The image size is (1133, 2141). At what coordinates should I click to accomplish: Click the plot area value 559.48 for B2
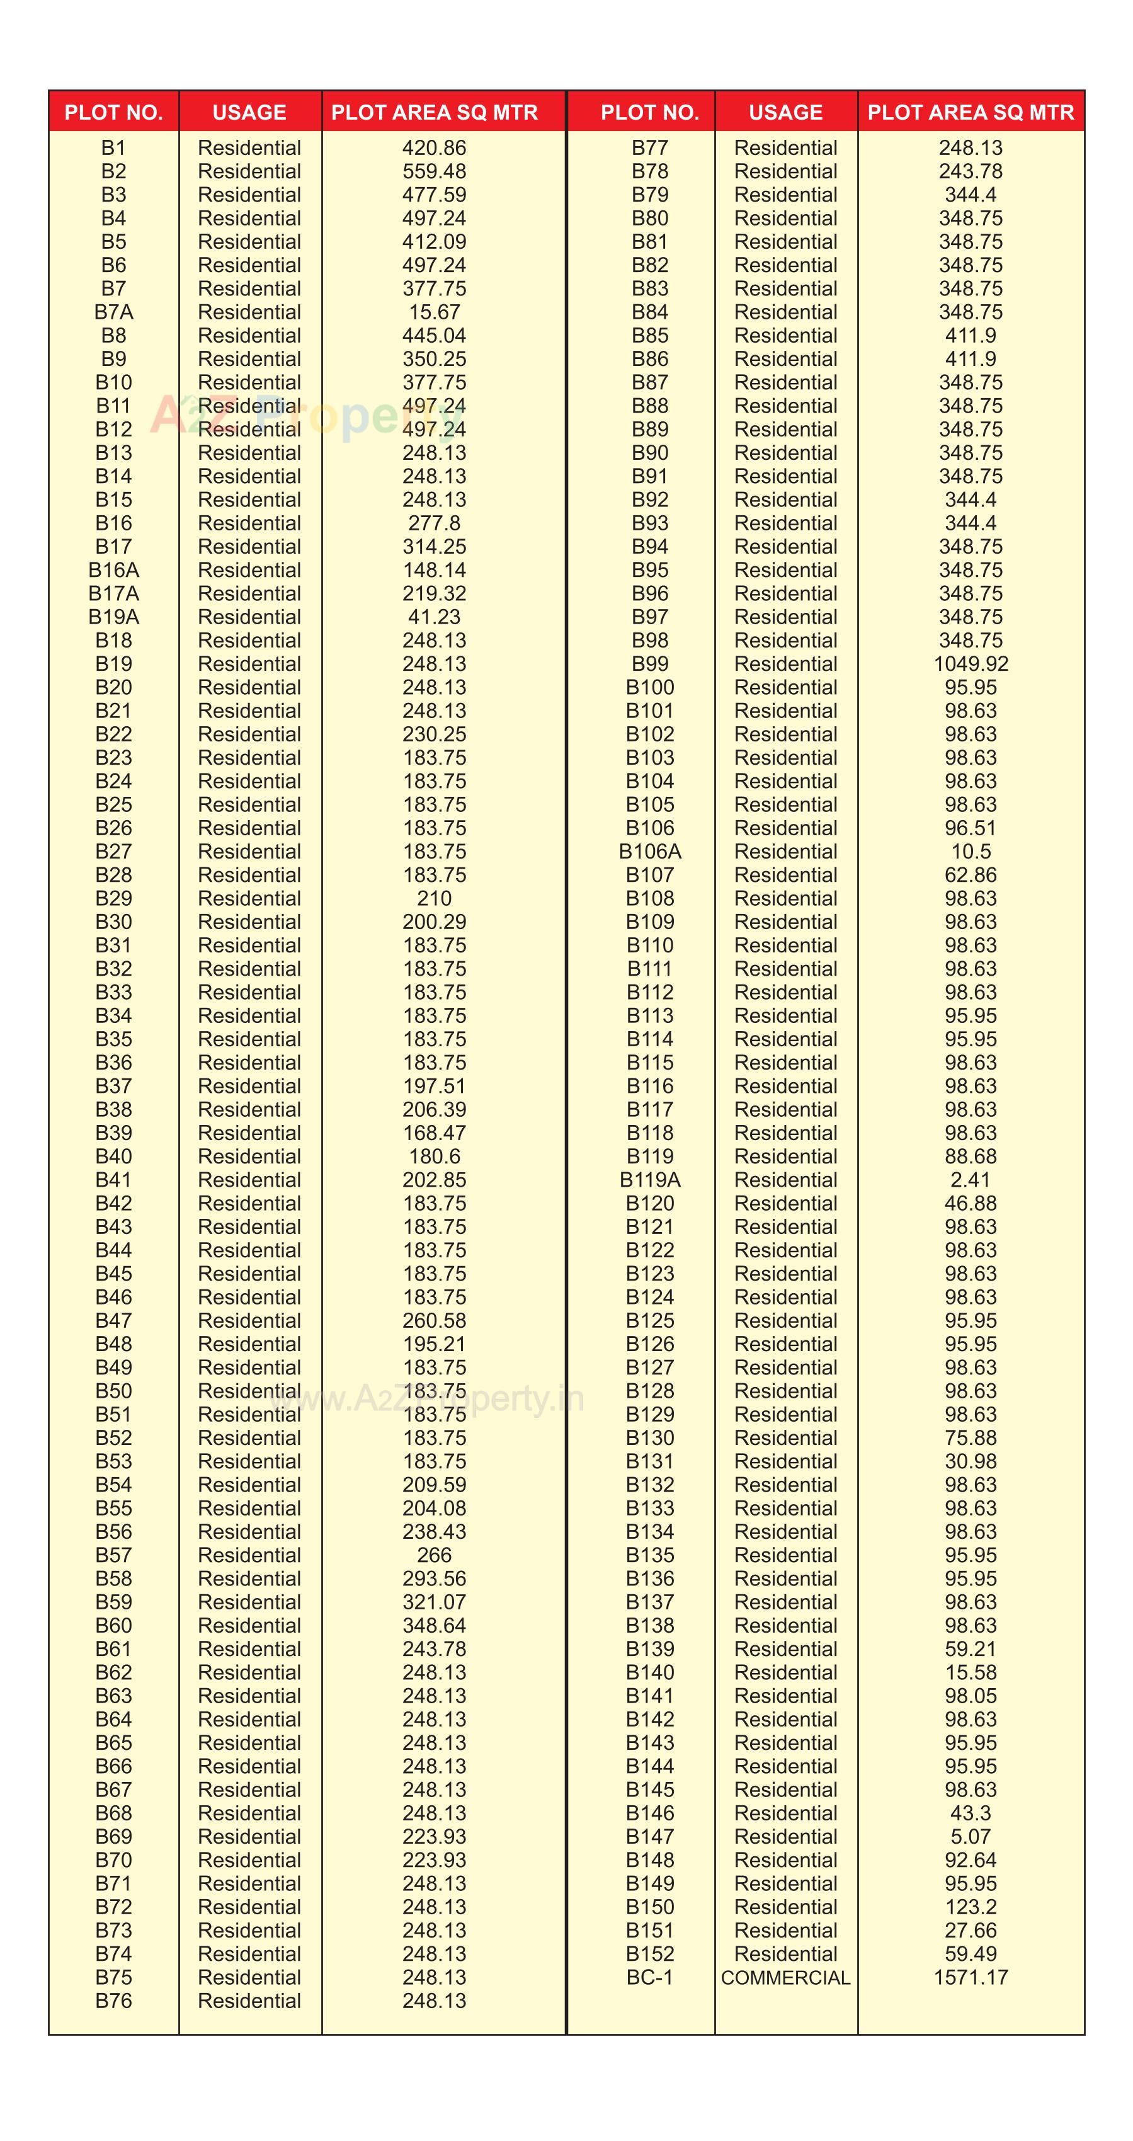[434, 171]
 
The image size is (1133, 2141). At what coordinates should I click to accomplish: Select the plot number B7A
[113, 312]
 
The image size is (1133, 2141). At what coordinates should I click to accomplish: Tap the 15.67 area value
[434, 312]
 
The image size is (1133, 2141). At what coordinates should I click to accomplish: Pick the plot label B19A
[113, 617]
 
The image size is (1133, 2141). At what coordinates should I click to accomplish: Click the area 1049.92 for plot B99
[970, 663]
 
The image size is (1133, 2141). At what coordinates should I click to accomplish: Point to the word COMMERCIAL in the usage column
[785, 1977]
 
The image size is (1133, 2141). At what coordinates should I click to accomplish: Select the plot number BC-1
[649, 1977]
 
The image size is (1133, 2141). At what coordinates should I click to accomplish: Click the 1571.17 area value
[970, 1977]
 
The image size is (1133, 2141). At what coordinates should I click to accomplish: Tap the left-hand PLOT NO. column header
[113, 112]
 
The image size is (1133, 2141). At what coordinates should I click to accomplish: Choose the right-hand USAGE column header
[785, 112]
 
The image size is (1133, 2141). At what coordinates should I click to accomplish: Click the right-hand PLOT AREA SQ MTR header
[970, 112]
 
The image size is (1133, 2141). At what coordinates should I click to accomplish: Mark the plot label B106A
[649, 851]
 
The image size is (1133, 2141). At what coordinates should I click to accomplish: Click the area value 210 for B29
[434, 898]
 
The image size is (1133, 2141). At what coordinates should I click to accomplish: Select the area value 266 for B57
[434, 1555]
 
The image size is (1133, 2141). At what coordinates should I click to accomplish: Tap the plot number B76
[113, 2001]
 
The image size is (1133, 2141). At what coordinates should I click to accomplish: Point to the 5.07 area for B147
[970, 1837]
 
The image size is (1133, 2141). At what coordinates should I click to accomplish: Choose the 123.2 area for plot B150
[970, 1907]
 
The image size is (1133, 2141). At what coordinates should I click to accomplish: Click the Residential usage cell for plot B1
[249, 148]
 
